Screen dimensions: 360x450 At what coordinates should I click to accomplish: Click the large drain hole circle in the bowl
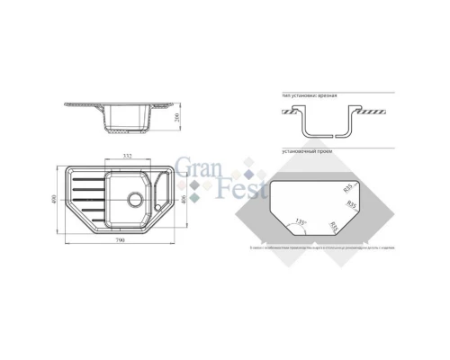(135, 198)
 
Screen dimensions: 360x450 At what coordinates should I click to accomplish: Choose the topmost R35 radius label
(348, 187)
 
